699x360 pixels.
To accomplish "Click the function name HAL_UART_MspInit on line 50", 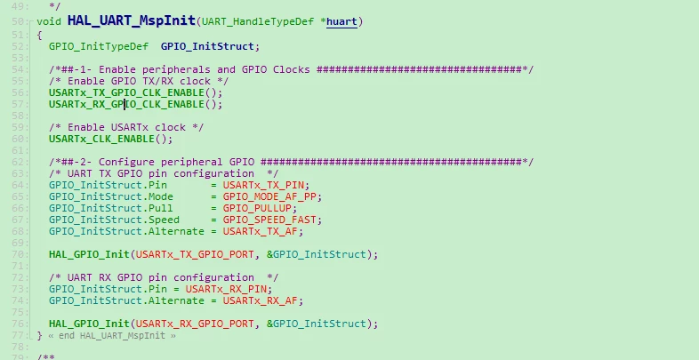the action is (x=132, y=20).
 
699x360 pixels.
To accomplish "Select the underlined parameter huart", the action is (x=341, y=21).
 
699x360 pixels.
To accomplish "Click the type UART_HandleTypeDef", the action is (x=258, y=21).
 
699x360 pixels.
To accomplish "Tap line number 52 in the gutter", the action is (x=17, y=46).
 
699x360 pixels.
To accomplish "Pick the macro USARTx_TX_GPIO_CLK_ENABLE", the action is (x=126, y=92).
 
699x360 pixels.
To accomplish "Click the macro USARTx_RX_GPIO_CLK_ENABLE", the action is (x=126, y=104).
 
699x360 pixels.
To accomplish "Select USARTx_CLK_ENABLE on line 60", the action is (x=101, y=139).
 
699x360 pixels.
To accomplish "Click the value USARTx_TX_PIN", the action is (x=263, y=185).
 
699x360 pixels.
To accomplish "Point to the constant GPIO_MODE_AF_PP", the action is (x=269, y=196).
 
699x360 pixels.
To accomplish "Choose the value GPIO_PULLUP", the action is (x=257, y=208).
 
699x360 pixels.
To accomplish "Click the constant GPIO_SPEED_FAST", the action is (x=269, y=220).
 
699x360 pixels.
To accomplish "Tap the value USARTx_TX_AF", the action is (x=261, y=231).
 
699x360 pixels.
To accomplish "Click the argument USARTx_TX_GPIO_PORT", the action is (x=195, y=254).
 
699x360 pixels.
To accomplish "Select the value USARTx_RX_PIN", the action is (x=226, y=289).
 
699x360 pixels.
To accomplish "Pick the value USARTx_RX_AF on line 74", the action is (x=261, y=300).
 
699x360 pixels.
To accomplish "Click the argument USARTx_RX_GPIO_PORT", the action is (x=195, y=324).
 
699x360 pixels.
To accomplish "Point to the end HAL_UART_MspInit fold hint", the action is (x=112, y=335).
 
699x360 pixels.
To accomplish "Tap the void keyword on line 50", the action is (x=49, y=21).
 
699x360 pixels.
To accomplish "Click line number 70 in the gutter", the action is (x=17, y=254).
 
